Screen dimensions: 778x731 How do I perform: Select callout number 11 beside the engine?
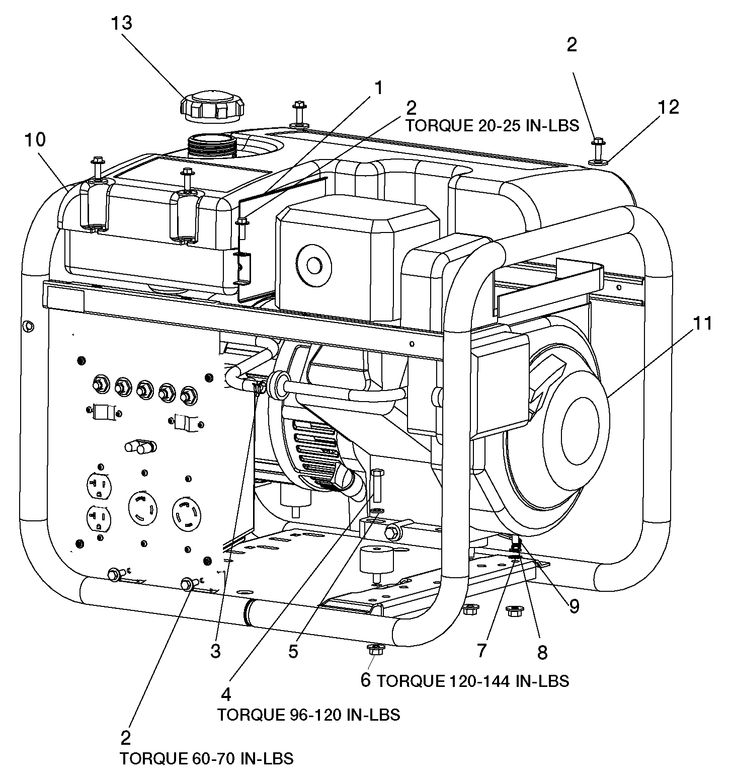click(x=702, y=324)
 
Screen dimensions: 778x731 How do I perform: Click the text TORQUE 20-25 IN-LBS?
click(x=492, y=125)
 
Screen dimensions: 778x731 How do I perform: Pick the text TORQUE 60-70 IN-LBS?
click(x=206, y=758)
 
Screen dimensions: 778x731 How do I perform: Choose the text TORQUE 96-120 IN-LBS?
click(x=308, y=715)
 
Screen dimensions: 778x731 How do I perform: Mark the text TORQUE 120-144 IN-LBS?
click(x=473, y=681)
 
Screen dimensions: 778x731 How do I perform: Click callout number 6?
click(x=366, y=680)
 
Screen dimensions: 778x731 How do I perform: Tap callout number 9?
click(x=574, y=606)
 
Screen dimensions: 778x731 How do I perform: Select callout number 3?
click(x=215, y=651)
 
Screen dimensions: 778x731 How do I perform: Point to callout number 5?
click(x=293, y=651)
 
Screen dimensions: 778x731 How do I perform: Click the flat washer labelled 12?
click(x=597, y=162)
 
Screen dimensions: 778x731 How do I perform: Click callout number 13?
click(x=122, y=23)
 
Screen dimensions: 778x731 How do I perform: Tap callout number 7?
click(x=481, y=650)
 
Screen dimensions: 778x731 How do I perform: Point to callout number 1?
click(x=378, y=88)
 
